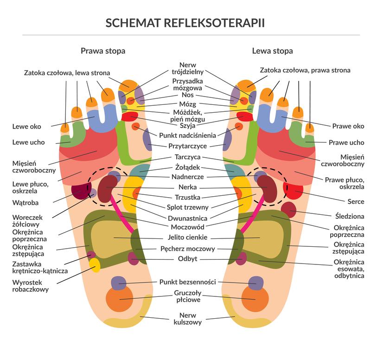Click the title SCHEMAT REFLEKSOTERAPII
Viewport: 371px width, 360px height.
[185, 23]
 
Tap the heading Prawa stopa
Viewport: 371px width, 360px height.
[102, 51]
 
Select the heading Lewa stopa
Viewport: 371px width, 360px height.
[272, 51]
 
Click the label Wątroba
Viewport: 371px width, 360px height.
[26, 202]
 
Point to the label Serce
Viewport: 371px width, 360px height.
[355, 202]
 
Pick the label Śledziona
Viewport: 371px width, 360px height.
[349, 215]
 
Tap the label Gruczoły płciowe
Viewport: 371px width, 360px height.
[187, 296]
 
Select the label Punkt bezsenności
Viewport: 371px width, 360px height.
[187, 282]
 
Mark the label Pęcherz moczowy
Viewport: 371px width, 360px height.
[187, 249]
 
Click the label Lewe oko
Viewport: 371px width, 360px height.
[26, 126]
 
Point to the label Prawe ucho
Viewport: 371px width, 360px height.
[346, 142]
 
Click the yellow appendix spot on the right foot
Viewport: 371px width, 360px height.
[95, 265]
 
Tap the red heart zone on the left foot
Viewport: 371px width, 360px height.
[294, 190]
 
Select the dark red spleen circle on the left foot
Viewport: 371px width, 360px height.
[289, 210]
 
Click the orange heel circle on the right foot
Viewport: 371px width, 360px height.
[119, 299]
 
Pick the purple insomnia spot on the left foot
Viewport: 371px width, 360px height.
[256, 283]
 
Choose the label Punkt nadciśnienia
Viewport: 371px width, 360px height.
[187, 135]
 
